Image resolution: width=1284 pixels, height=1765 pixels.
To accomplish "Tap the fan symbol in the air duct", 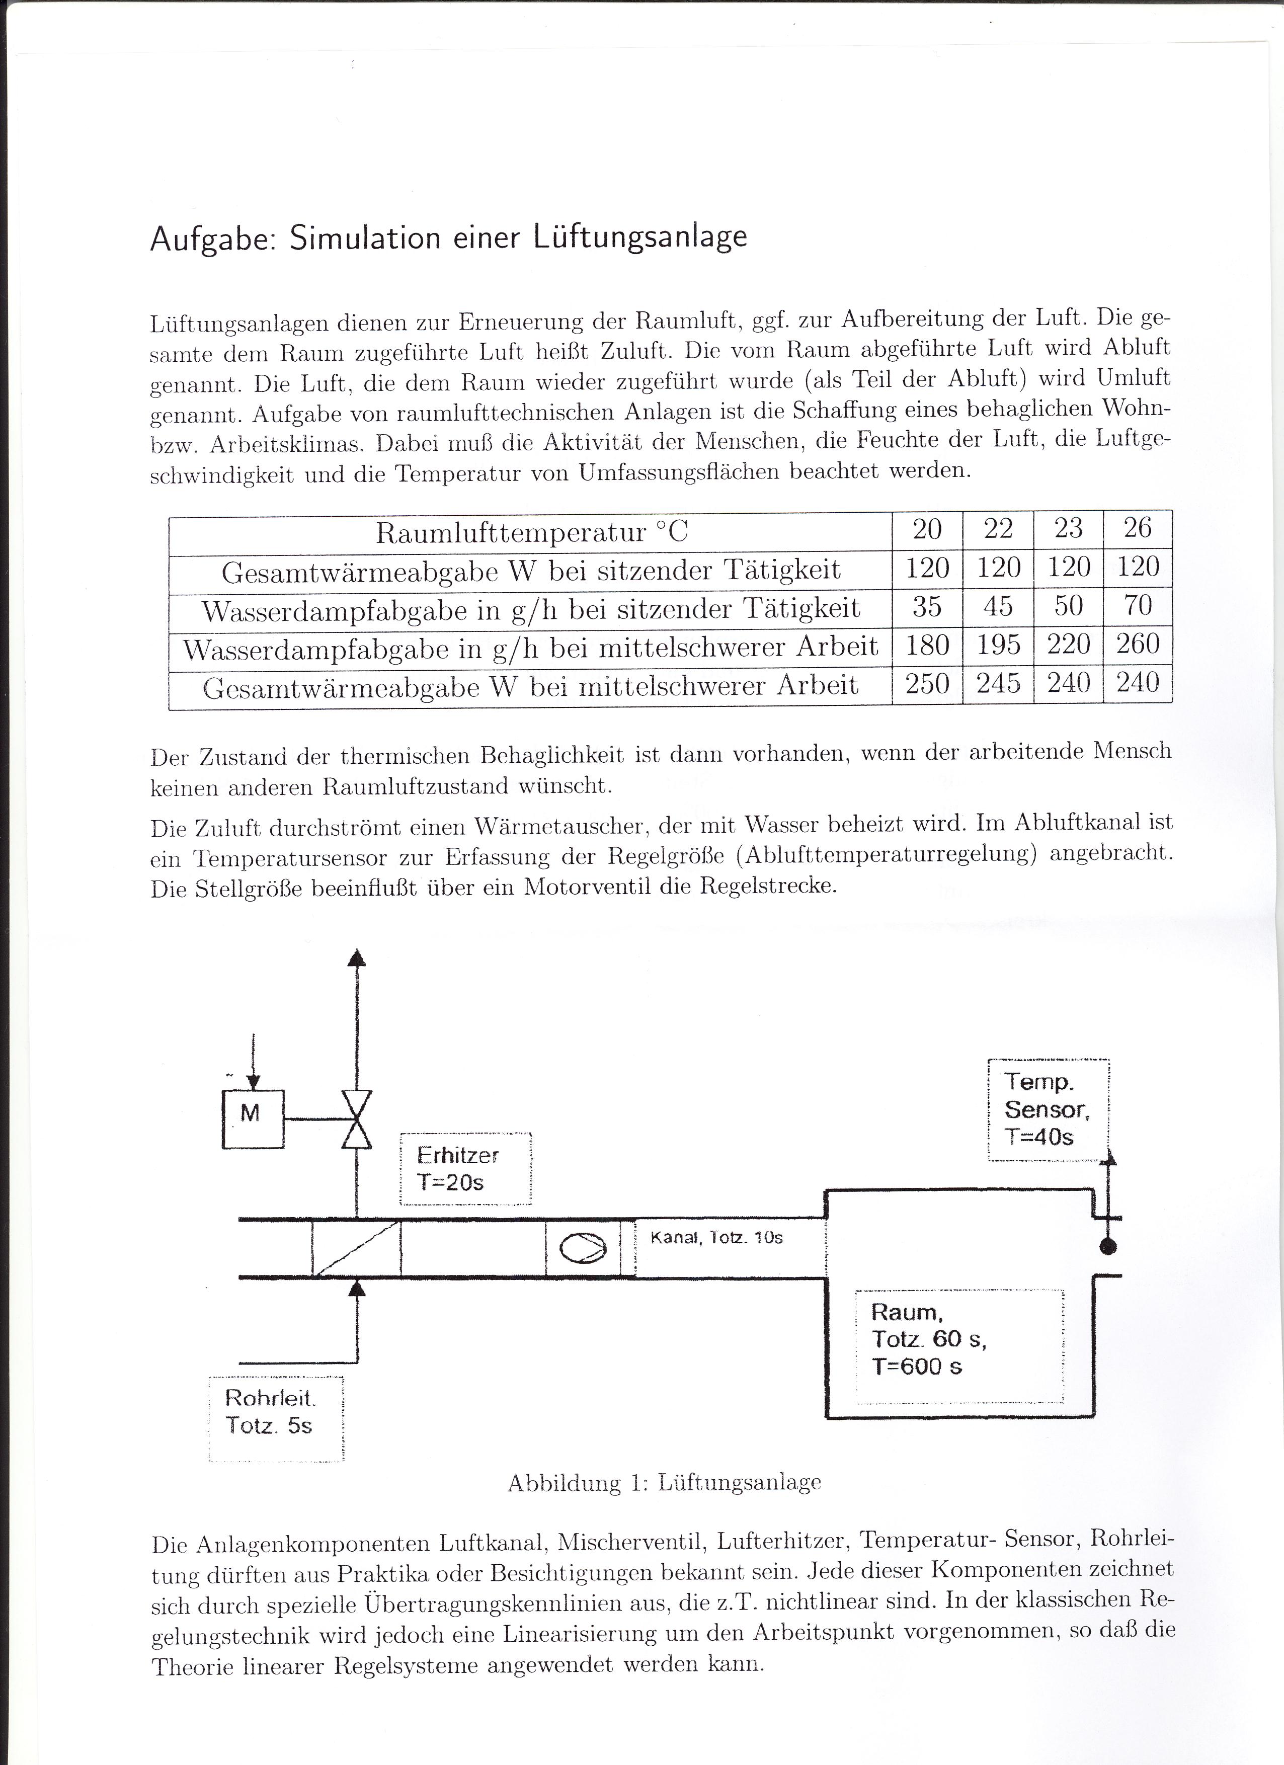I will click(583, 1248).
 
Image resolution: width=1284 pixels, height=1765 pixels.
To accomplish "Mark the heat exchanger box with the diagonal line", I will click(356, 1248).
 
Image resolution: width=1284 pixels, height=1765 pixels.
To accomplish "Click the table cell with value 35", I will click(926, 606).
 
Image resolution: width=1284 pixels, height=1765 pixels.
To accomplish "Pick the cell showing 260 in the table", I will click(1138, 645).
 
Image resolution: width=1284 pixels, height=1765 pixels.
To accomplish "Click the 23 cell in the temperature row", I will click(1068, 529).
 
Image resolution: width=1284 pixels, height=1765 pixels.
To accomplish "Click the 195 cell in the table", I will click(998, 645).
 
